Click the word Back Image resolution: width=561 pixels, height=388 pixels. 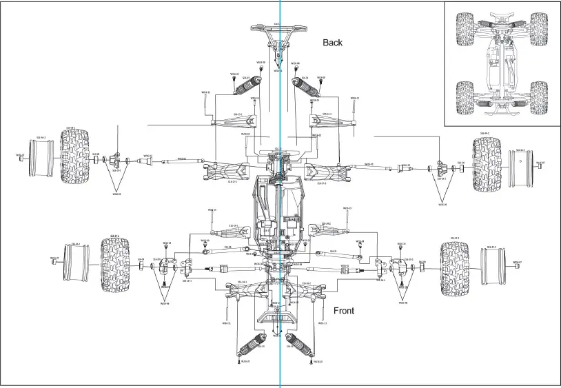coord(332,43)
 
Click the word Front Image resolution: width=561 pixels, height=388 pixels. coord(343,311)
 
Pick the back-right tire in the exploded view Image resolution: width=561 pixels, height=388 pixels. coord(487,164)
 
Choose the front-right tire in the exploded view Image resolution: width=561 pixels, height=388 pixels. coord(455,269)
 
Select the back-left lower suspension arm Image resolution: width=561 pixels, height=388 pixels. coord(227,171)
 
